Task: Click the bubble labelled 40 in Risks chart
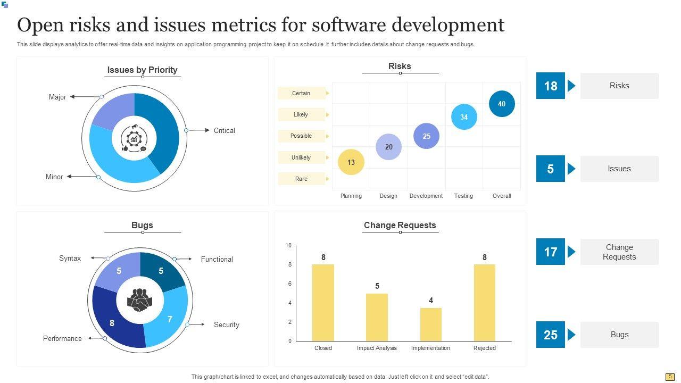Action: click(502, 104)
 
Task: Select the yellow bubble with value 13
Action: click(351, 162)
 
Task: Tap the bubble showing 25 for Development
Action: click(426, 136)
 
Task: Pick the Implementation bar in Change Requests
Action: click(431, 324)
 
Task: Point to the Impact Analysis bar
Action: click(377, 317)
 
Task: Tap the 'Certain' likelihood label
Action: click(301, 93)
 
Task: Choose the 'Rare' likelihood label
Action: click(301, 179)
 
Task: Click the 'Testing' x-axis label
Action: click(463, 196)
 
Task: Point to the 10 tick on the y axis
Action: click(288, 245)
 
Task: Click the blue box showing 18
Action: click(550, 86)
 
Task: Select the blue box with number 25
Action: click(550, 335)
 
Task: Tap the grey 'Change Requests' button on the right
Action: click(619, 252)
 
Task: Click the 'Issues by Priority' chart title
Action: click(142, 70)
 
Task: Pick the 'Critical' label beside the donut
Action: click(224, 130)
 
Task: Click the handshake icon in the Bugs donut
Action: click(140, 300)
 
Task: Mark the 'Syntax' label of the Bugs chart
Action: click(70, 258)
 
